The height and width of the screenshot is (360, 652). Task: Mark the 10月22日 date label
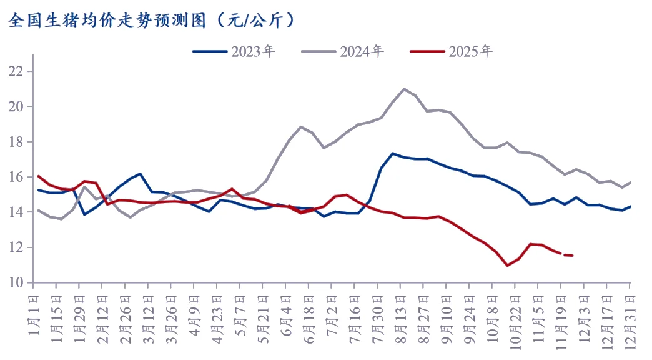[x=515, y=319]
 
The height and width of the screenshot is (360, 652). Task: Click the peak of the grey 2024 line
[x=404, y=89]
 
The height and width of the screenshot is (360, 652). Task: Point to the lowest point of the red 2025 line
[x=507, y=266]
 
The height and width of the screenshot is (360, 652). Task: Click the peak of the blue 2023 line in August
[x=393, y=153]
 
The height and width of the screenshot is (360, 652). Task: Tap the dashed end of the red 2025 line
[x=568, y=255]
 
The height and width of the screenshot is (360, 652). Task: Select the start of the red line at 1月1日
[x=39, y=176]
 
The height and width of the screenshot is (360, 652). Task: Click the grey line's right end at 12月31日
[x=631, y=182]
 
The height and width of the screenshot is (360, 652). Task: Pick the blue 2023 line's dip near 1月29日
[x=84, y=214]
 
